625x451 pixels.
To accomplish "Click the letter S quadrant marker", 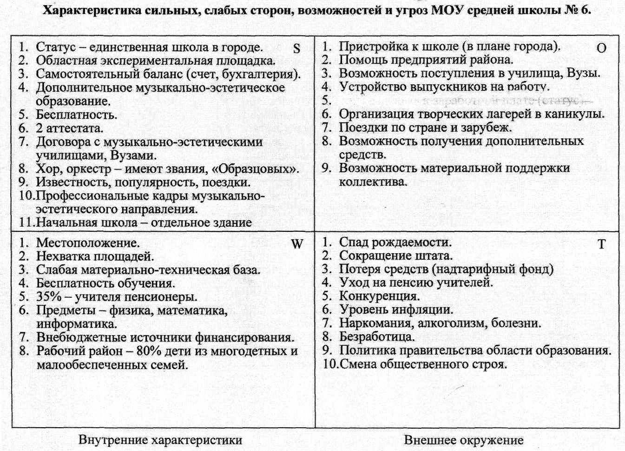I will click(297, 48).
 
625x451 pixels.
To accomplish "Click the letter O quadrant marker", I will click(601, 48).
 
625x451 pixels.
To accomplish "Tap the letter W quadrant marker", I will click(297, 244).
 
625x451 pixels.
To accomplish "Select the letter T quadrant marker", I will click(601, 244).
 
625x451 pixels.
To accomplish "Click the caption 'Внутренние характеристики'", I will click(160, 440).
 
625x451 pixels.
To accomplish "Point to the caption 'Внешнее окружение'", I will click(463, 440).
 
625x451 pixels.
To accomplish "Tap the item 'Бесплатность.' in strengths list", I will click(77, 114).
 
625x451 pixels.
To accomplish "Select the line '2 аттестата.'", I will click(70, 128).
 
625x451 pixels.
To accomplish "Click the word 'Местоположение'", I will click(87, 242).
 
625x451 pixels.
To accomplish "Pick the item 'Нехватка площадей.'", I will click(95, 256).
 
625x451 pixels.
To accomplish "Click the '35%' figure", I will click(49, 296).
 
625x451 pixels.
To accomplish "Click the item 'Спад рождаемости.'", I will click(395, 242).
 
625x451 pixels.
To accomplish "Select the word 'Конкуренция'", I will click(379, 296).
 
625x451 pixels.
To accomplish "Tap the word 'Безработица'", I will click(376, 336).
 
